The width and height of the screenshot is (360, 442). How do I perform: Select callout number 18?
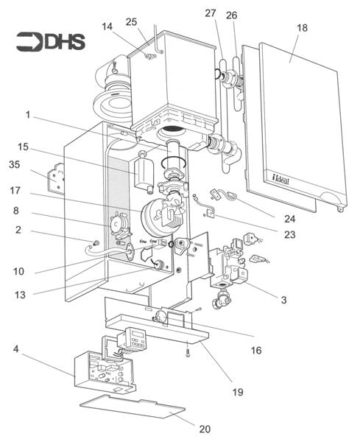(x=302, y=27)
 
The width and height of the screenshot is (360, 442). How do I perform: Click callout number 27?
(x=211, y=13)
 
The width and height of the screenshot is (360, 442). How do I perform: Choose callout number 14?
(x=108, y=27)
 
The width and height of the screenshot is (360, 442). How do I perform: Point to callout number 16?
(x=256, y=351)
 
